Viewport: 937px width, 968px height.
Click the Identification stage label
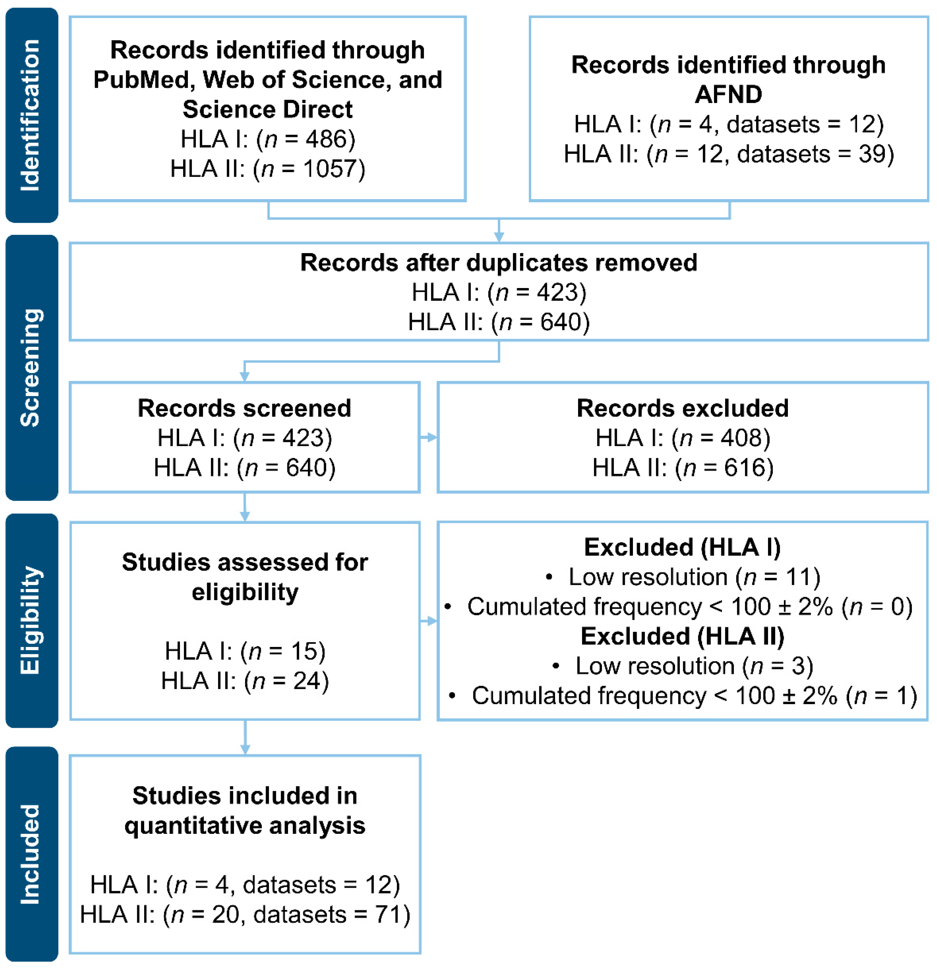tap(31, 115)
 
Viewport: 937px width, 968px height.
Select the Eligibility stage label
tap(31, 620)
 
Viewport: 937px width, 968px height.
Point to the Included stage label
tap(31, 854)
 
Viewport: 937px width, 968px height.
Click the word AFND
tap(728, 94)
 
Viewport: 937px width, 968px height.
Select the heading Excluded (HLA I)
tap(683, 547)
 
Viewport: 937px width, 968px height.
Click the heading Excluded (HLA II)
tap(683, 636)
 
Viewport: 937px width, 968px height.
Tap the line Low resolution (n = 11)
tap(694, 577)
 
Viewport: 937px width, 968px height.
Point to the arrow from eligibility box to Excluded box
tap(428, 621)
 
